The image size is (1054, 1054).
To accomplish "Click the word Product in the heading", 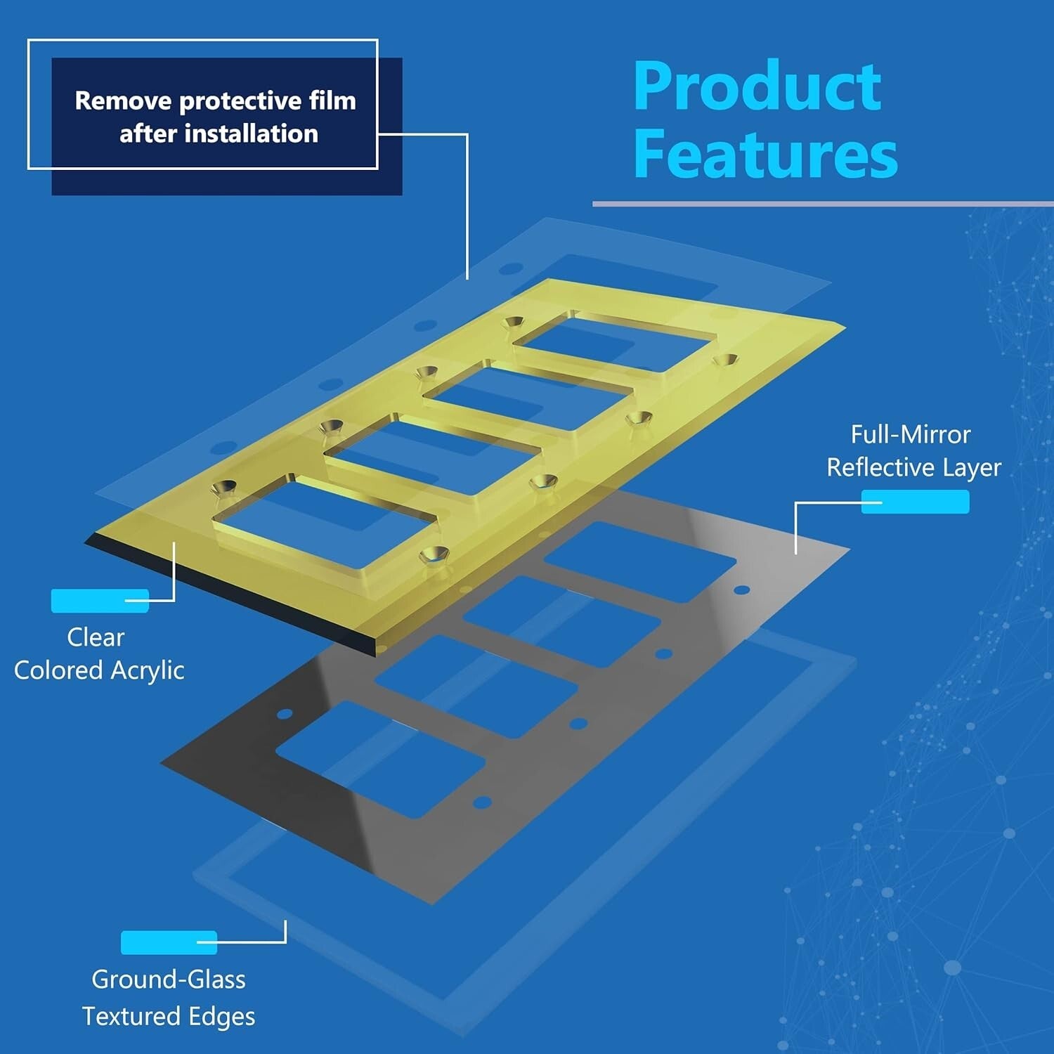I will point(757,86).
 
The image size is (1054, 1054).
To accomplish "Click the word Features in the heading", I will point(765,154).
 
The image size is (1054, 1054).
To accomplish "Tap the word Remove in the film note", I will point(123,100).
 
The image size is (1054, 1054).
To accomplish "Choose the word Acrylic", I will point(148,670).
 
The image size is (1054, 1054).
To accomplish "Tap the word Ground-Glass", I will point(169,979).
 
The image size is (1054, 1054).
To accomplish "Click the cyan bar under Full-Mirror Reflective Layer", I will point(915,502).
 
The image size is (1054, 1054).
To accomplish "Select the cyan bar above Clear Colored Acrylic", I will point(100,601).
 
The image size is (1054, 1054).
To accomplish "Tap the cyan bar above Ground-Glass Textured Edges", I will point(169,942).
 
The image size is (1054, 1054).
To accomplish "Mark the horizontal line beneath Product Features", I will point(822,204).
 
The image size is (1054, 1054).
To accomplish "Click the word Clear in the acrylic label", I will point(96,637).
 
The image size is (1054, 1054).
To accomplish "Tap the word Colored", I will point(58,670).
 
